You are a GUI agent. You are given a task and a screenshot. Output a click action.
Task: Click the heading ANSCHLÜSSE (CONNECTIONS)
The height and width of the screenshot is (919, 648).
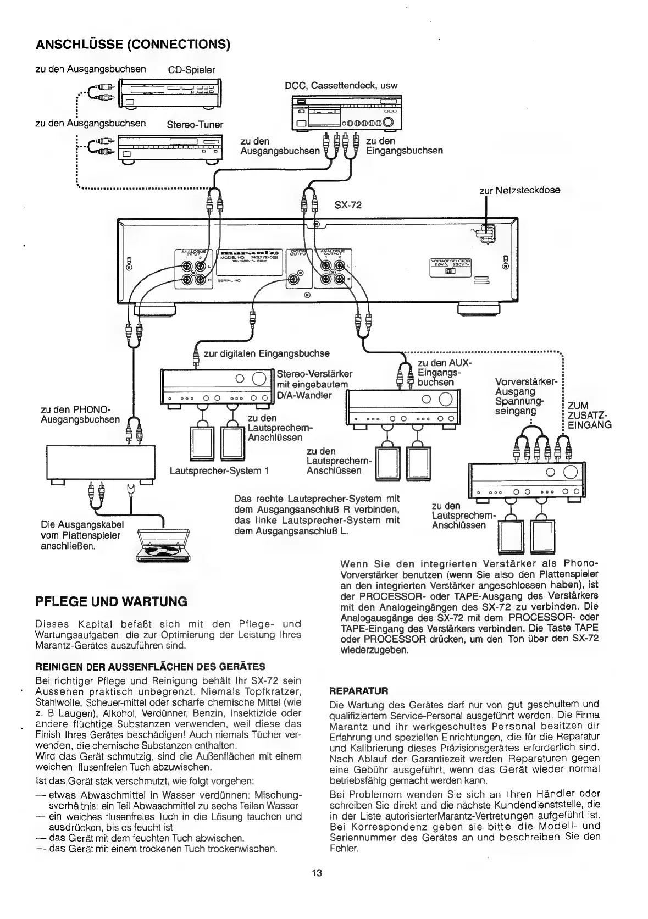pos(132,44)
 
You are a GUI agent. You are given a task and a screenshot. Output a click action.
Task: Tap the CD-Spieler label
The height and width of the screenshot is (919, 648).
pos(191,70)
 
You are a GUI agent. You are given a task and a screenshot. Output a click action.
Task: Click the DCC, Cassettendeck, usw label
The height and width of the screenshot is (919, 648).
pos(341,85)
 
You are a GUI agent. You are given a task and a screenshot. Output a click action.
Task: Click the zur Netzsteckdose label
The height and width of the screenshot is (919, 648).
pos(520,190)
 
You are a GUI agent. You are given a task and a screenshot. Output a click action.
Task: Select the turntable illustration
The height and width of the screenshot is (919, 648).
pos(163,544)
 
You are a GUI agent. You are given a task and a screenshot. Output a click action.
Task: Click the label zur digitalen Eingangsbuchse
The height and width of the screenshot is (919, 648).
pos(267,353)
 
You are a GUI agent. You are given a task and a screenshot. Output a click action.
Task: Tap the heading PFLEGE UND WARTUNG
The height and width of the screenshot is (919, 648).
pos(111,601)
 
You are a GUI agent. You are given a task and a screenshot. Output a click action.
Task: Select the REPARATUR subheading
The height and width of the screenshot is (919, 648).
pos(358,690)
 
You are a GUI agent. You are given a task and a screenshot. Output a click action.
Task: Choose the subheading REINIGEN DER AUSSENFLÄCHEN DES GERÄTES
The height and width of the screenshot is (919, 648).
pos(150,667)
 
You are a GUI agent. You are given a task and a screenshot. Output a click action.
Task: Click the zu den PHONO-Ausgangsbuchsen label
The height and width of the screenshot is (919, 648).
pos(80,414)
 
